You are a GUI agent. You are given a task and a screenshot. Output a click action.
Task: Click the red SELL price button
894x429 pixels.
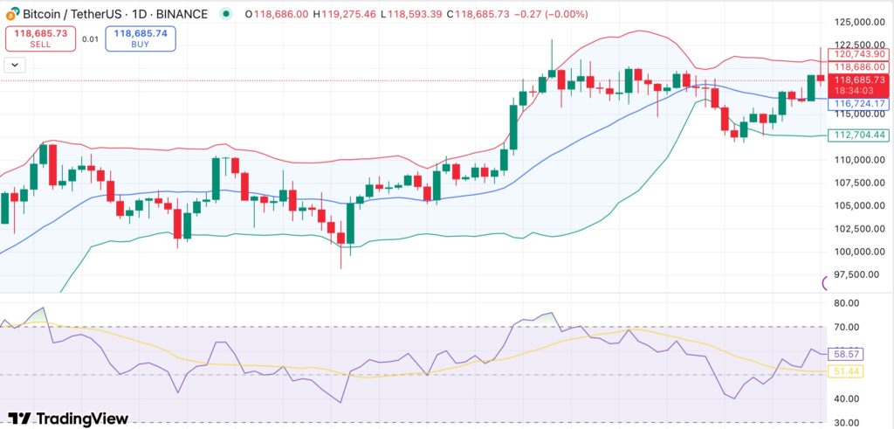click(41, 38)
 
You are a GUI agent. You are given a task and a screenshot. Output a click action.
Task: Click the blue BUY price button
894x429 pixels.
click(140, 38)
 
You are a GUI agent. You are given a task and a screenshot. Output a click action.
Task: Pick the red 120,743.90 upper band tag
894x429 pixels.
click(857, 54)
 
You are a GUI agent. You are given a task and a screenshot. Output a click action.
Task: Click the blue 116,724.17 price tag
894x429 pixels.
click(857, 103)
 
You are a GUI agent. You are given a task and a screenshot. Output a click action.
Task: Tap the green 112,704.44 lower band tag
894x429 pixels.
click(857, 135)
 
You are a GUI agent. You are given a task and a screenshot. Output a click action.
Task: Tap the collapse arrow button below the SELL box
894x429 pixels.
click(16, 64)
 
